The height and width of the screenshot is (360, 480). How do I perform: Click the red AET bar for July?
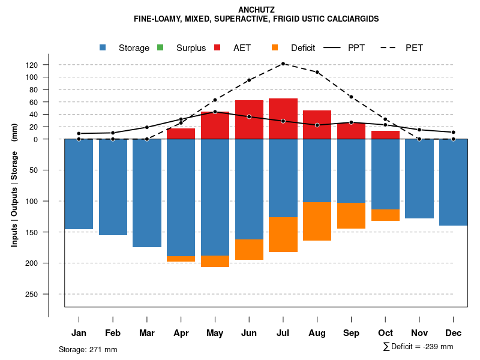point(283,119)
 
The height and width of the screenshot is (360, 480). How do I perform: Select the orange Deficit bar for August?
point(317,221)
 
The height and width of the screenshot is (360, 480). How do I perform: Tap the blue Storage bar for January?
point(79,184)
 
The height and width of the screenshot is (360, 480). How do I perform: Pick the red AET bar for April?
point(181,134)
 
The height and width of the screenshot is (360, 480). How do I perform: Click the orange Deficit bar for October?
point(385,215)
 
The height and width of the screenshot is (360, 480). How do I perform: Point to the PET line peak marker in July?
point(283,64)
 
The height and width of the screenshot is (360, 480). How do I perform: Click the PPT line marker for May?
point(215,112)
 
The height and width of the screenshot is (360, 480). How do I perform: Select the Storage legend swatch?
point(103,47)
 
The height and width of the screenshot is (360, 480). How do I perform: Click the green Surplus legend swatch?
point(160,47)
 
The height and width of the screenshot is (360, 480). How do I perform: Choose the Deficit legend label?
point(303,48)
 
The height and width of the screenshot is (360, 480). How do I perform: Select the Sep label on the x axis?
point(352,333)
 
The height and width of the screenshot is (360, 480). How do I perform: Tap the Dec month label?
point(454,333)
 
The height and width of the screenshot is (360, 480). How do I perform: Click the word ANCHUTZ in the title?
point(256,10)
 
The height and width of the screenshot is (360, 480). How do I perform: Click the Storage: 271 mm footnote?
point(88,349)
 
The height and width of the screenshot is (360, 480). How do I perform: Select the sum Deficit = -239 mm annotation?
point(418,347)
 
